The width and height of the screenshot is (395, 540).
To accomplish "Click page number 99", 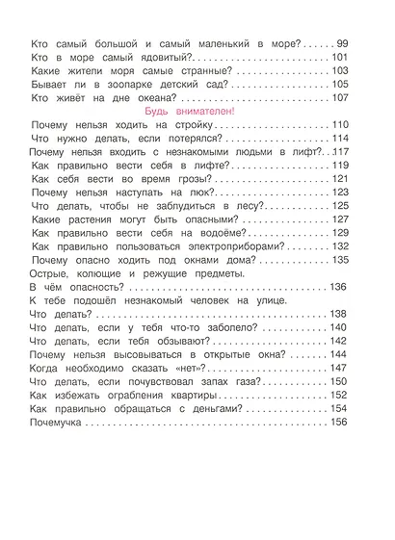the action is click(342, 44).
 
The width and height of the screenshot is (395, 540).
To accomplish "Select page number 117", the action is click(338, 152).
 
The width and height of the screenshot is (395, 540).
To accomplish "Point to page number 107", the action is click(338, 98).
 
